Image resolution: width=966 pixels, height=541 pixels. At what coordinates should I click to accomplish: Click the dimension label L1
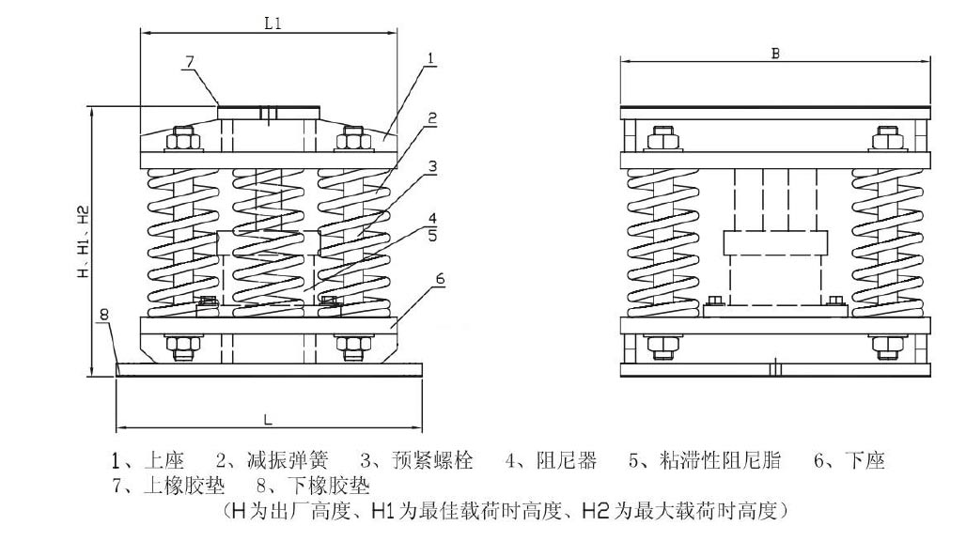[x=273, y=24]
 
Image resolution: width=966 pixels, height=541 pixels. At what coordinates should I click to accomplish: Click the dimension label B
[x=775, y=54]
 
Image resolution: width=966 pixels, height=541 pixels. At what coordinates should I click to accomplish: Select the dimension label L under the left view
[x=269, y=416]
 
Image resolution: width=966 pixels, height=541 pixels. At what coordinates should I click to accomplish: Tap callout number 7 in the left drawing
[x=189, y=61]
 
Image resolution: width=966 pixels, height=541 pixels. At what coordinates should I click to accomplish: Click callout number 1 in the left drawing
[x=430, y=58]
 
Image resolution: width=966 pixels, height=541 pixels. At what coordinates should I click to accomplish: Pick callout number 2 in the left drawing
[x=431, y=118]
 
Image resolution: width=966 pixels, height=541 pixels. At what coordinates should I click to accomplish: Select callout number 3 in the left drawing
[x=432, y=167]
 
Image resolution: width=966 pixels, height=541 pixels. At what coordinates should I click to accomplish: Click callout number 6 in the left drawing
[x=440, y=279]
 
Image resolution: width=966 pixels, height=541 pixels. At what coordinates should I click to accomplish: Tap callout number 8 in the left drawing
[x=104, y=315]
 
